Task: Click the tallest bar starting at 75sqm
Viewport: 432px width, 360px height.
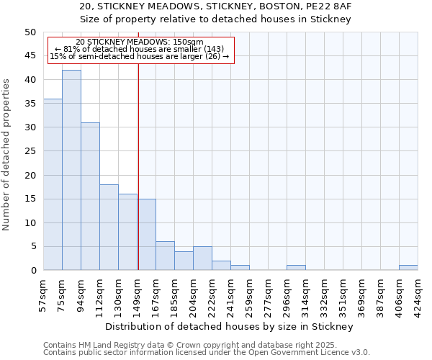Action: [71, 170]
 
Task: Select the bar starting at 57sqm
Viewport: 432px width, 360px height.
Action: [53, 184]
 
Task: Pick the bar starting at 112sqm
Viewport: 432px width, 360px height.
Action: [109, 227]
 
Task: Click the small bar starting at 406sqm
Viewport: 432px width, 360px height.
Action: [408, 268]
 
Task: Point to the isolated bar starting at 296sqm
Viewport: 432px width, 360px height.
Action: [296, 268]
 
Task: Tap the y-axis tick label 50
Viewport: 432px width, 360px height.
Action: [30, 32]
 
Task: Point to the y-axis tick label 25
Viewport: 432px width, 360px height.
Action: [30, 151]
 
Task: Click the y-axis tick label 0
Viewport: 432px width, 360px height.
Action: [32, 271]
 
